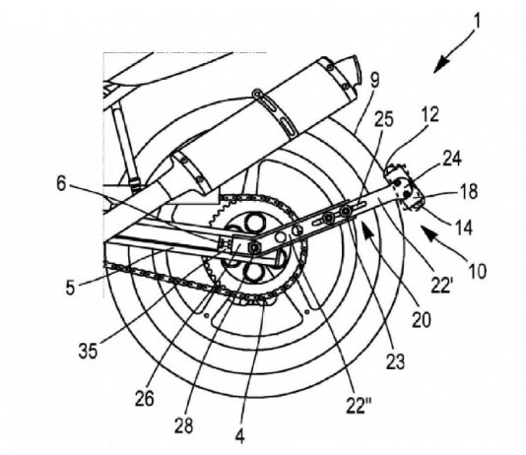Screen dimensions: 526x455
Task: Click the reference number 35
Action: coord(89,351)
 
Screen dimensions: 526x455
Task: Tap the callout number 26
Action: coord(145,399)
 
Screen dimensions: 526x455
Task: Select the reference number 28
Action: coord(184,425)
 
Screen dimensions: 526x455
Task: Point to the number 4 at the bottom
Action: coord(240,436)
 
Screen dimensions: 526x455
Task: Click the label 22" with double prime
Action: coord(359,406)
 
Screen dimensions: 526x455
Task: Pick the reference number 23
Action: coord(396,361)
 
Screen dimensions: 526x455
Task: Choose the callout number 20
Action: coord(422,319)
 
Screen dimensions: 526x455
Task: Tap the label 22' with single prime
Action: coord(442,286)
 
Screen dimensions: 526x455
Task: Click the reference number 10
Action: coord(477,271)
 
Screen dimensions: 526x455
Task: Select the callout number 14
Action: coord(464,228)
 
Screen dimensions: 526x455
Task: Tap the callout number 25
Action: coord(384,119)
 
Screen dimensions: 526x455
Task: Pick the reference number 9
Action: coord(375,81)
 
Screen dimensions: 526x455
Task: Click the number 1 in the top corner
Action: coord(477,21)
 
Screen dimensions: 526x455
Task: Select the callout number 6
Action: coord(61,184)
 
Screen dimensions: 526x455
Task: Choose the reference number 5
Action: coord(70,288)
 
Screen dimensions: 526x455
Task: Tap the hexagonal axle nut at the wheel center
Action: coord(255,248)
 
